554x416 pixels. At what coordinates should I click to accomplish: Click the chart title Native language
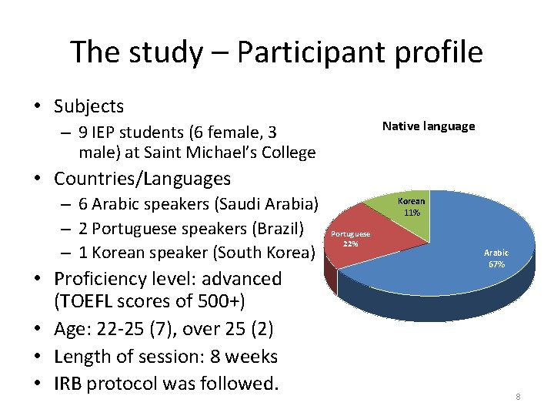[429, 126]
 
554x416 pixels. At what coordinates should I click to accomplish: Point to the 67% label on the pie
[496, 264]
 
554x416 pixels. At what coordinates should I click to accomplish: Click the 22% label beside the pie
[350, 244]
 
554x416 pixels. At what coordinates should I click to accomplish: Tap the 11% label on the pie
[412, 213]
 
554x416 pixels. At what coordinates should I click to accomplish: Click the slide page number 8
[518, 397]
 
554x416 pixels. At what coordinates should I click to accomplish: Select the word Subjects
[88, 106]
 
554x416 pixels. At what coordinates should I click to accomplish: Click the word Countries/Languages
[142, 179]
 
